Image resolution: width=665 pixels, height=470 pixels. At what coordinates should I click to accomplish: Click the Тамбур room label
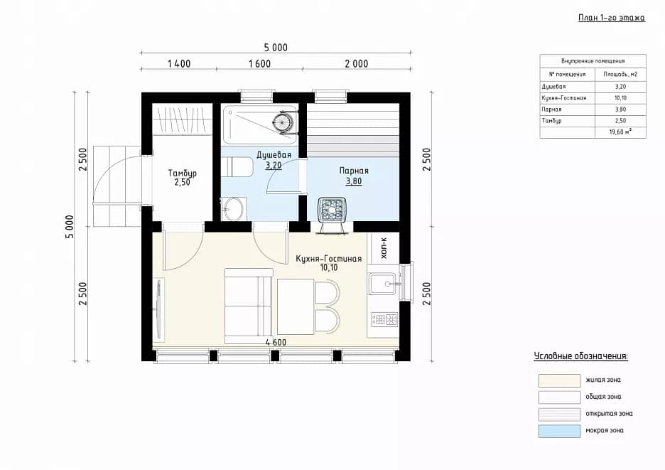coord(183,173)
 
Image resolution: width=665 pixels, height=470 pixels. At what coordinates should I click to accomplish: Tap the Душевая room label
coord(274,154)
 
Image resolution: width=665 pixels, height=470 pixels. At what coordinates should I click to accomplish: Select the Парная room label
coord(354,171)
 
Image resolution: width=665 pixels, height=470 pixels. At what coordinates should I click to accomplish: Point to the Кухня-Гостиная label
coord(329,259)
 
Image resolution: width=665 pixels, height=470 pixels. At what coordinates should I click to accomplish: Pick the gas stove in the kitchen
coord(384,319)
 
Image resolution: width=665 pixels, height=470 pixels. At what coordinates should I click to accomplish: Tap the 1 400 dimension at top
coord(179,64)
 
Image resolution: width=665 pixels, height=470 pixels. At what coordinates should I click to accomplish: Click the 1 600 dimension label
coord(259,64)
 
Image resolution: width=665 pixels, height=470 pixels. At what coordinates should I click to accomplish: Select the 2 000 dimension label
coord(356,64)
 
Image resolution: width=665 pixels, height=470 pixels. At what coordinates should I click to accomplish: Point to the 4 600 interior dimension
coord(276,342)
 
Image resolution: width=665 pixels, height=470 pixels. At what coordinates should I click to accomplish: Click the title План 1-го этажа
coord(612,17)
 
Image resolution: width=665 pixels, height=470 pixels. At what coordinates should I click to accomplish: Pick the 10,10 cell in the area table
coord(620,98)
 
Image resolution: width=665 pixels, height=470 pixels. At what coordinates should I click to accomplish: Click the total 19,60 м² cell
coord(620,132)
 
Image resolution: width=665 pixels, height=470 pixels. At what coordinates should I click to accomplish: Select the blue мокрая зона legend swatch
coord(559,431)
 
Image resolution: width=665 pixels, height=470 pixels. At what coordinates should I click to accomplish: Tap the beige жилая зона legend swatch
coord(559,380)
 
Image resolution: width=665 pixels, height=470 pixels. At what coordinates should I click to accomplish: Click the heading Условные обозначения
coord(580,356)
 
